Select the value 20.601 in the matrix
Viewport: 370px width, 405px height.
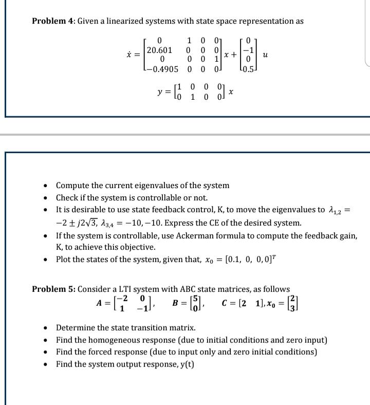159,50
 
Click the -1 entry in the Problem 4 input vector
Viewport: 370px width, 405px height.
251,50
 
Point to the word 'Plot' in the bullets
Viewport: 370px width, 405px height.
64,259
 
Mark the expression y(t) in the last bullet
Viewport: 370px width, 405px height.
185,364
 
